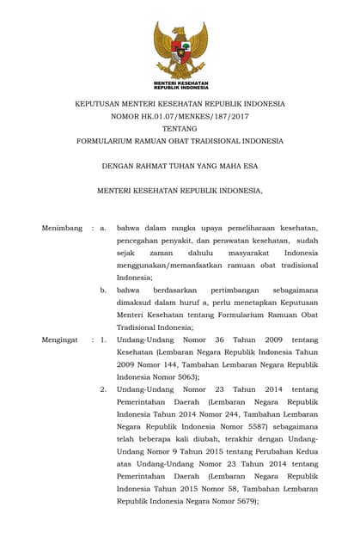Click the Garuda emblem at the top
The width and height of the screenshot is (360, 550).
click(180, 52)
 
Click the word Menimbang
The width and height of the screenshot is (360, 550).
click(62, 228)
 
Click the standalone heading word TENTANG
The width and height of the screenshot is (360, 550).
click(180, 128)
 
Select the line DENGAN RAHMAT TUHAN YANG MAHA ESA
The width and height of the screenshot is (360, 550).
click(180, 166)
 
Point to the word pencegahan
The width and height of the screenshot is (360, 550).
click(142, 240)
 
